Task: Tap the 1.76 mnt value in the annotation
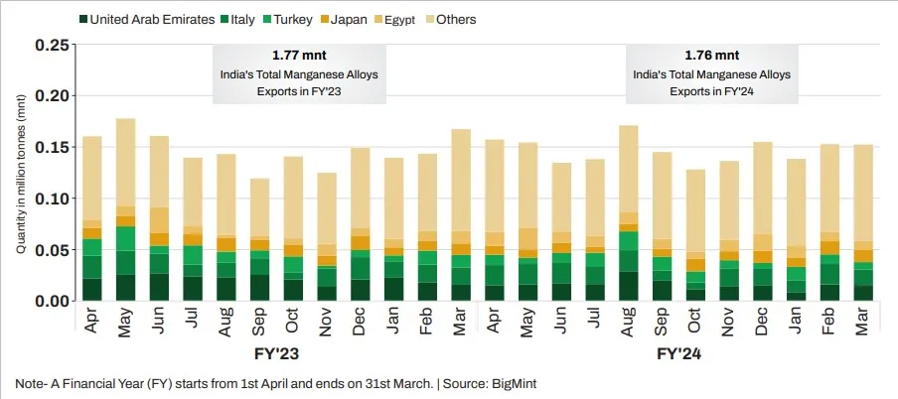(712, 55)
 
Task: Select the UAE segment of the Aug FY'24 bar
(628, 286)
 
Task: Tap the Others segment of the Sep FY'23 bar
(260, 207)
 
